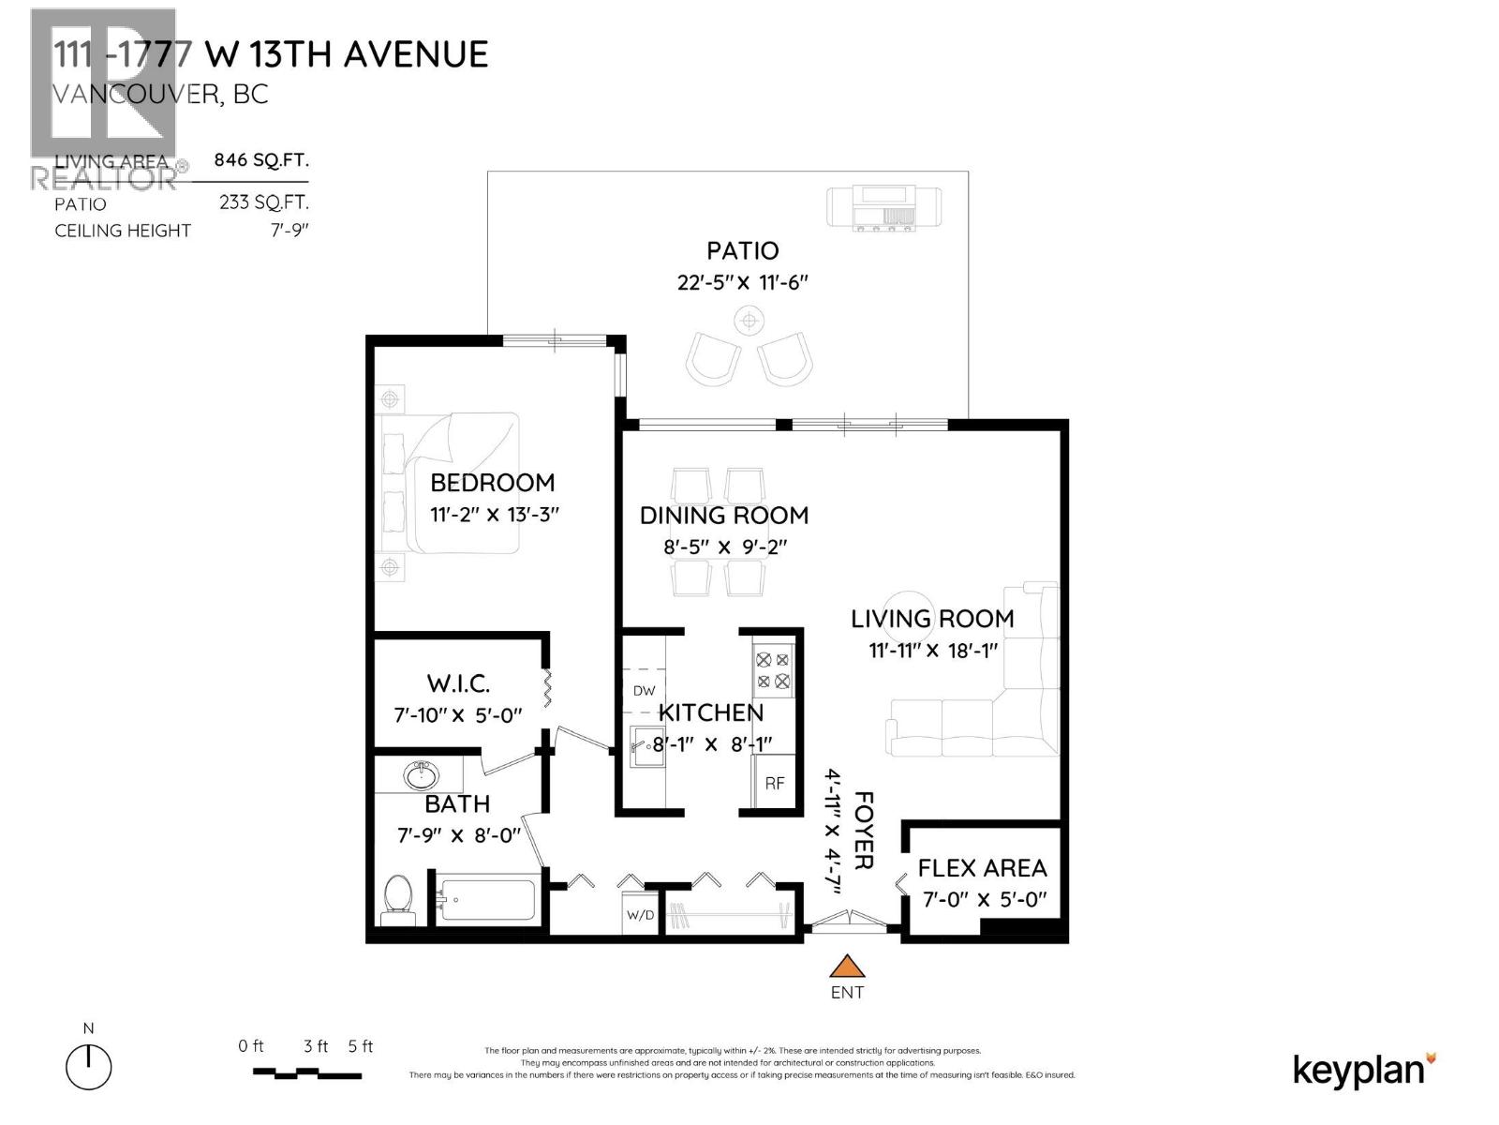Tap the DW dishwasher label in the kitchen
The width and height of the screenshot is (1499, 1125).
(x=644, y=691)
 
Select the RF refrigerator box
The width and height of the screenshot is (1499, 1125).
(x=774, y=783)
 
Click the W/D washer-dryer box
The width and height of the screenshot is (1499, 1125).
(x=641, y=914)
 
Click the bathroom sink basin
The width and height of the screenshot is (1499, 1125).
(x=421, y=776)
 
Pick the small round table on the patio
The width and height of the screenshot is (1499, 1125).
(x=748, y=322)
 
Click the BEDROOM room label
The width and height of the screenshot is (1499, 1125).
(x=492, y=483)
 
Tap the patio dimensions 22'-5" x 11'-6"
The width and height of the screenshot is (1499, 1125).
(x=742, y=282)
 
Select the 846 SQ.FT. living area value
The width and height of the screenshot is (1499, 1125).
(x=260, y=159)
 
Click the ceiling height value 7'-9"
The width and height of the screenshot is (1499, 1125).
(x=289, y=231)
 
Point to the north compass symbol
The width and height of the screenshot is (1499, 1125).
(x=89, y=1066)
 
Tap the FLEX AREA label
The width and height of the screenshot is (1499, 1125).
(x=982, y=868)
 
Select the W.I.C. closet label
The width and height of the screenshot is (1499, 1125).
(x=458, y=683)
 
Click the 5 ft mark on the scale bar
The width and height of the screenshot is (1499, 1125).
(x=360, y=1047)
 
